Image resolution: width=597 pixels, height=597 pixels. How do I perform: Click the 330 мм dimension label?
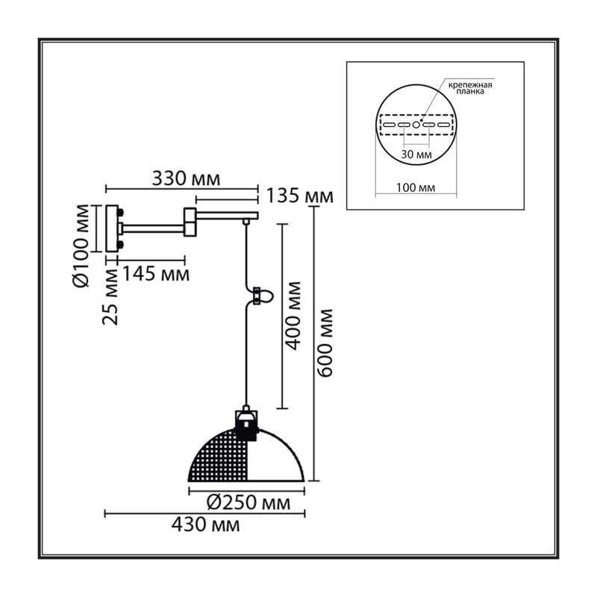tap(186, 178)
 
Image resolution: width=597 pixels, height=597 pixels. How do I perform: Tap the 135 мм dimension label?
tap(299, 196)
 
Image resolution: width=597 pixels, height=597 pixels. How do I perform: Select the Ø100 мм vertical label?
tap(81, 246)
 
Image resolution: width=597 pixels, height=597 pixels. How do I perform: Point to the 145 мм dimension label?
tap(155, 273)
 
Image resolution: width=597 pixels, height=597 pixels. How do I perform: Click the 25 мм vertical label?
tap(110, 296)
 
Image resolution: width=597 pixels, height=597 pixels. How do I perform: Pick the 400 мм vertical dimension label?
tap(293, 316)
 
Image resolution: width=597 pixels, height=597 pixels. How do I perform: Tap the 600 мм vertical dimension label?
tap(325, 343)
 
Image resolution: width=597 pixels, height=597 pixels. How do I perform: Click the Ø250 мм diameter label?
tap(249, 503)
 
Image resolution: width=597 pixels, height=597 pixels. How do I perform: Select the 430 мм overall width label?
tap(206, 525)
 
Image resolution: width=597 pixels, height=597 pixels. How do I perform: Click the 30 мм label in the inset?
tap(416, 154)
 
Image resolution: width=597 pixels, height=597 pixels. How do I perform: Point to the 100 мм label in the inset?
tap(416, 188)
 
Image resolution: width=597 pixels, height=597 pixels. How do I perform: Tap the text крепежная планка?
tap(470, 88)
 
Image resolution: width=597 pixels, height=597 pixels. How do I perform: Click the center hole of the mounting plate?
tap(416, 125)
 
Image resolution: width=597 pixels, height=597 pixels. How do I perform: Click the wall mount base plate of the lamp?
tap(111, 228)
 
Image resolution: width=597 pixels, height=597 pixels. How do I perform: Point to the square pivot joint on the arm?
tap(190, 222)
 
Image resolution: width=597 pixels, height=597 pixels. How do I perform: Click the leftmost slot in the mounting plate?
tap(389, 125)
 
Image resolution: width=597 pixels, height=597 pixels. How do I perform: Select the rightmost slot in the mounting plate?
tap(443, 125)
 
